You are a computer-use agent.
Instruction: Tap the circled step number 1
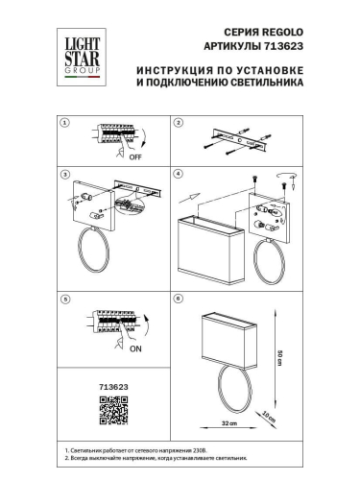click(64, 124)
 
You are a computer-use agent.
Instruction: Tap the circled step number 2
click(179, 124)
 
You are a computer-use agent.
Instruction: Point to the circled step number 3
click(64, 176)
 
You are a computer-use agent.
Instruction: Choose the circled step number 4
click(179, 176)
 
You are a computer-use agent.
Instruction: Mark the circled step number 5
click(64, 300)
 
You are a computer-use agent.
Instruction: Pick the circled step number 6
click(179, 300)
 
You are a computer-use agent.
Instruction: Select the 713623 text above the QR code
click(85, 387)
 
